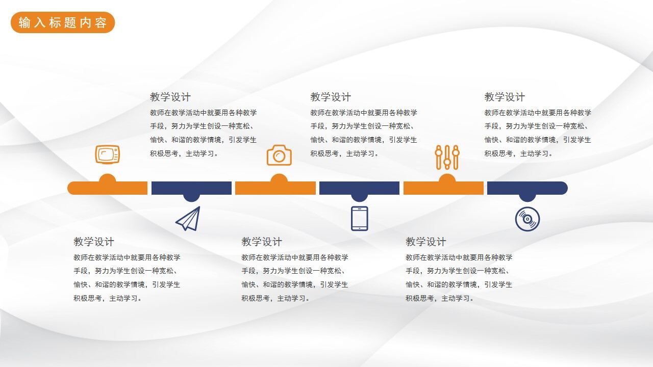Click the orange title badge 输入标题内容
click(x=63, y=23)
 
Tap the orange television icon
click(x=107, y=154)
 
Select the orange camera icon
click(x=279, y=155)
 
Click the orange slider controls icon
click(x=447, y=157)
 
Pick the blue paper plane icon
click(x=188, y=219)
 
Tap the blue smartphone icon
click(x=359, y=219)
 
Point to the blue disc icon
click(x=527, y=219)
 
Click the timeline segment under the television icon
click(x=107, y=188)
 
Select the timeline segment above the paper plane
click(x=191, y=188)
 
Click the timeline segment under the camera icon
click(x=275, y=188)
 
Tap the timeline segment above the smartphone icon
click(x=359, y=188)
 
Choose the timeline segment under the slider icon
click(x=443, y=188)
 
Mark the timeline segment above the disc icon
click(x=527, y=188)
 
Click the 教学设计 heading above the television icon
click(x=170, y=97)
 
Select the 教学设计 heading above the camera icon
click(x=331, y=97)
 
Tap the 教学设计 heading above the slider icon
click(x=505, y=97)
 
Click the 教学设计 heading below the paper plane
click(x=94, y=242)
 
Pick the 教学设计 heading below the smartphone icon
click(x=262, y=242)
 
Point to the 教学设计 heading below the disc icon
click(x=426, y=242)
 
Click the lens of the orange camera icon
click(x=279, y=156)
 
